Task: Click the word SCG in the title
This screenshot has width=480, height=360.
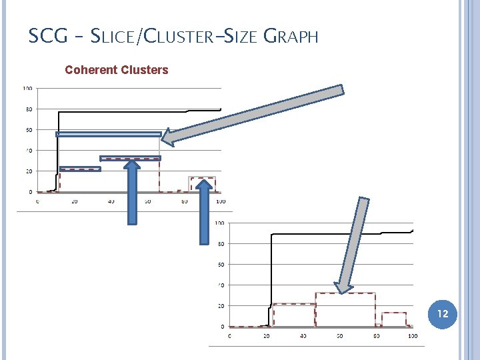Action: pos(49,36)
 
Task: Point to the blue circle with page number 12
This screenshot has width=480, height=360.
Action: pos(443,313)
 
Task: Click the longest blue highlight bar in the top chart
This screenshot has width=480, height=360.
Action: pos(109,135)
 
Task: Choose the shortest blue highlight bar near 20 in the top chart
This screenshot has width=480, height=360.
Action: pos(80,169)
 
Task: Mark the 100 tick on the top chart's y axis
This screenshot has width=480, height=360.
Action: pos(28,88)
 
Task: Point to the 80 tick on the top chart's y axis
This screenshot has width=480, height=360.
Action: pos(29,109)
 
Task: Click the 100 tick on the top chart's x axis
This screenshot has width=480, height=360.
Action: pos(220,201)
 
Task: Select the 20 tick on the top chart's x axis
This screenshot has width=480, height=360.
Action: pos(74,201)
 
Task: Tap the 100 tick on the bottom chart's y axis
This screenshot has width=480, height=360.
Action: pos(220,223)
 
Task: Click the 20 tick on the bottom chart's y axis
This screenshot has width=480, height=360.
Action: pos(221,306)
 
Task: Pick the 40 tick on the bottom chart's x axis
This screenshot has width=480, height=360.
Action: pos(303,335)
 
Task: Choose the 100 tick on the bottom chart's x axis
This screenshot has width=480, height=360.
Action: pos(412,335)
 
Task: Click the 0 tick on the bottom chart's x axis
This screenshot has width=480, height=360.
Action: pos(230,335)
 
